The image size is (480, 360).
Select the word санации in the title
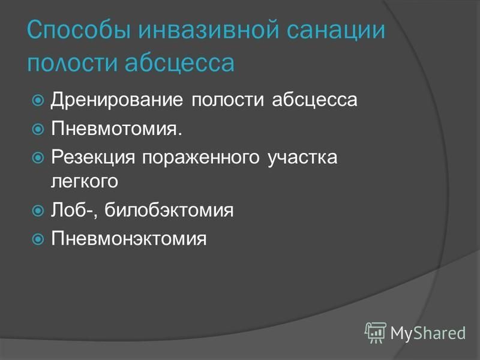(x=335, y=29)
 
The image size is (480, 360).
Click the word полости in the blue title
(x=73, y=63)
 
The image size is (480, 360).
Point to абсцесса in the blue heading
(x=179, y=62)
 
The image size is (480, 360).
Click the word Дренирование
(x=117, y=100)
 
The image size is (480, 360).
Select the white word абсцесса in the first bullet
(x=314, y=100)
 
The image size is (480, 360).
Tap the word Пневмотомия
(x=116, y=128)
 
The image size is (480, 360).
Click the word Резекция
(x=93, y=157)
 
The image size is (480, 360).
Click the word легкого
(x=85, y=181)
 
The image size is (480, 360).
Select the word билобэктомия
(x=169, y=209)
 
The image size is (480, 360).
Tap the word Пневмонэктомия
(x=129, y=238)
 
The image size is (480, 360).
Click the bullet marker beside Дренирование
(x=38, y=100)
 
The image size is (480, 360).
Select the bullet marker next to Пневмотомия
(x=38, y=129)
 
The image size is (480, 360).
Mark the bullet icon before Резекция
(x=38, y=158)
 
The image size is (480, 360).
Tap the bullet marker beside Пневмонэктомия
(x=38, y=239)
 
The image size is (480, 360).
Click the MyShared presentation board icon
(x=376, y=332)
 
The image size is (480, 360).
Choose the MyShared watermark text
(x=428, y=332)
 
